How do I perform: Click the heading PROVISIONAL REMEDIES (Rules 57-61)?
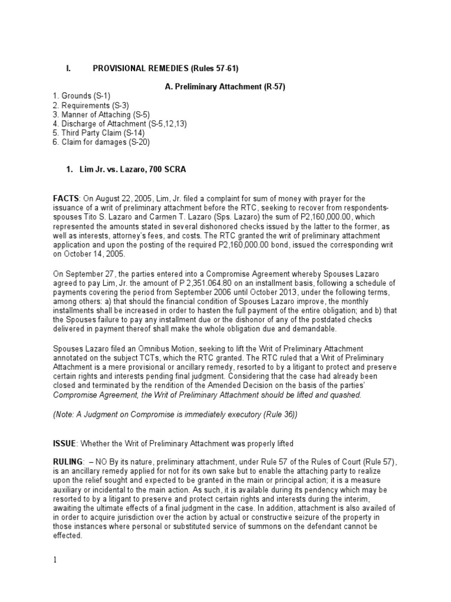click(x=157, y=69)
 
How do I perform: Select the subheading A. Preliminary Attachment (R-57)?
click(x=225, y=87)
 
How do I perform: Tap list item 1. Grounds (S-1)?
click(x=81, y=96)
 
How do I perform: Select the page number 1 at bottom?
click(x=55, y=560)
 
